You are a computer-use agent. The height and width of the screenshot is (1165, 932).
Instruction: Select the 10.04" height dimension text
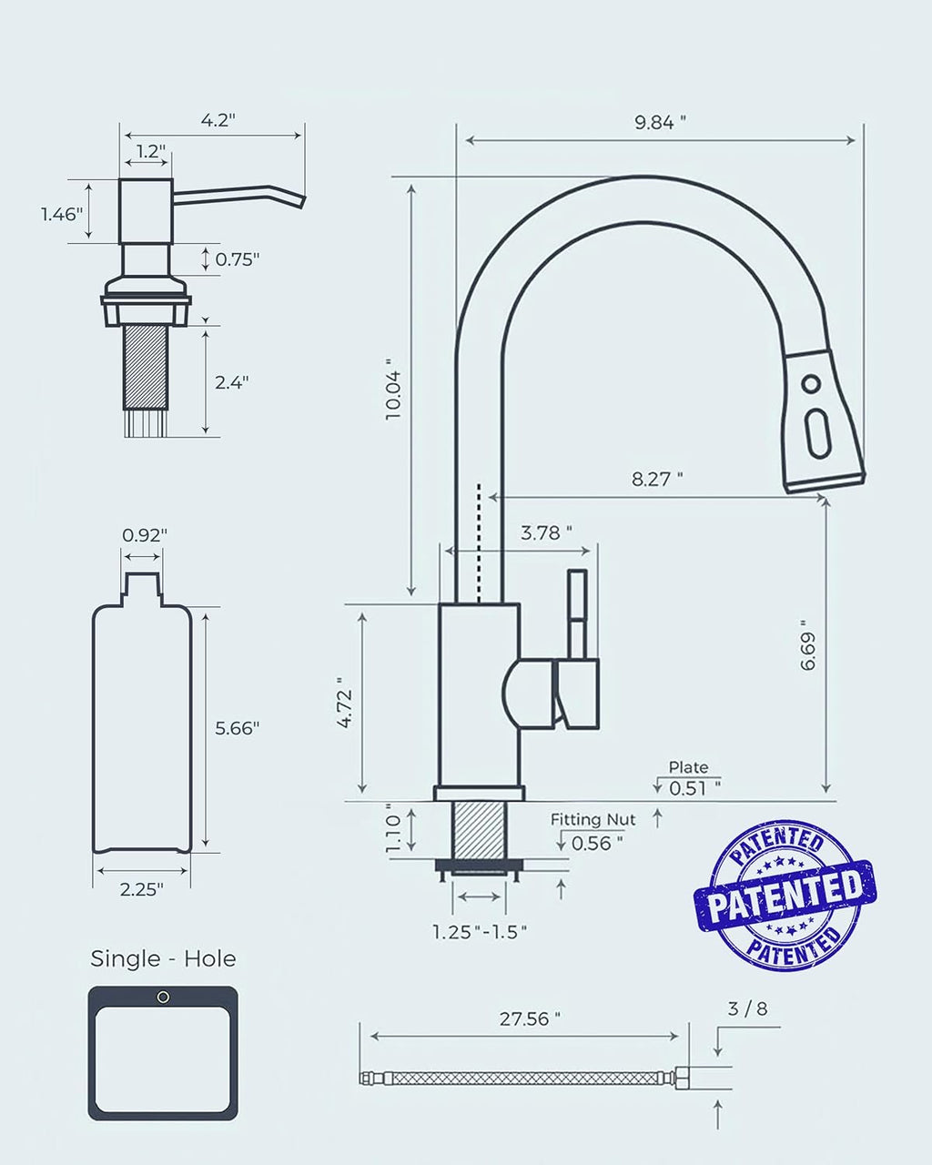point(392,388)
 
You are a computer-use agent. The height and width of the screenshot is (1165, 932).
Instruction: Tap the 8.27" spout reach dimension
point(657,479)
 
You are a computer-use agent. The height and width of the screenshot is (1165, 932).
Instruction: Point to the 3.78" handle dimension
point(546,533)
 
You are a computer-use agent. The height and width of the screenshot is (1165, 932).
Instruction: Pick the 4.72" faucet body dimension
point(344,703)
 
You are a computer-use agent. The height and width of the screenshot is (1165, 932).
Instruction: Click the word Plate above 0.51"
point(688,767)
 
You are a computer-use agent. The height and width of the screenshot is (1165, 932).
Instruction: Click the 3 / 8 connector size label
point(747,1009)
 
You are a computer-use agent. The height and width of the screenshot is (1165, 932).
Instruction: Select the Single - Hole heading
point(163,958)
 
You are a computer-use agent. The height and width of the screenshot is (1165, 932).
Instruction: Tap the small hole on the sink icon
point(164,998)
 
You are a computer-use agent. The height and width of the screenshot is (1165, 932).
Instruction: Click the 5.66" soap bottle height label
point(237,727)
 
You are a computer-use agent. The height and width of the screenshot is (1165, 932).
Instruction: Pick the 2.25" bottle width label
point(141,890)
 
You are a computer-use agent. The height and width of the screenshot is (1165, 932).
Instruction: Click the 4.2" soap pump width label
point(217,120)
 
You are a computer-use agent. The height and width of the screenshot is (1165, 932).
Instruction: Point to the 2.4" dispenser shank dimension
point(232,382)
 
